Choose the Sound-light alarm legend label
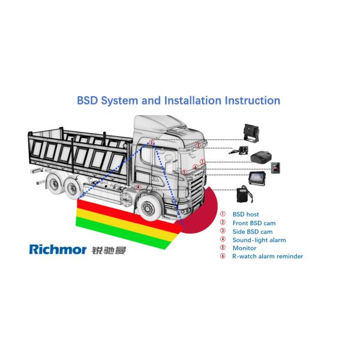tap(259, 240)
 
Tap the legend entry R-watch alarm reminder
tap(268, 257)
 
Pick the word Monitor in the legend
tap(244, 248)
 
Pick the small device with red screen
tap(275, 167)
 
